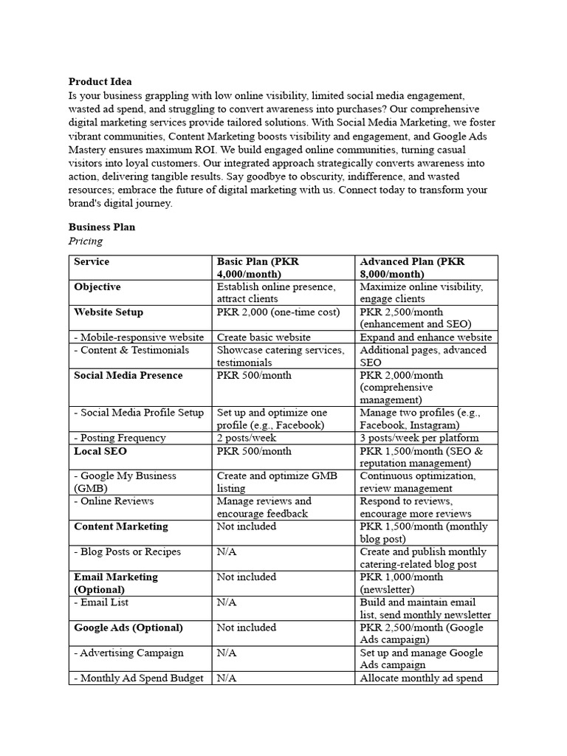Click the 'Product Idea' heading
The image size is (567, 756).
[x=100, y=82]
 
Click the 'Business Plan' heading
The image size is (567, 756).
[x=102, y=227]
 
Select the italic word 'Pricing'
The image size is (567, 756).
[x=86, y=241]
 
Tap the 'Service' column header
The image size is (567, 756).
[x=92, y=262]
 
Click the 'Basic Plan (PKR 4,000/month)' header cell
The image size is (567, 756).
[x=258, y=268]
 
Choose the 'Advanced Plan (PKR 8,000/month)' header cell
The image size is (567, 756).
[x=412, y=268]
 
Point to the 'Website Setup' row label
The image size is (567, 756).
[x=109, y=312]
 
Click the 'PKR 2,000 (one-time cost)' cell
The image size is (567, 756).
[x=278, y=312]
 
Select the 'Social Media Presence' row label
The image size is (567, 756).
[x=128, y=376]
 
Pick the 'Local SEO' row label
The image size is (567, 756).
[x=98, y=451]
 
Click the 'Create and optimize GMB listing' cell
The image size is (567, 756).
[x=277, y=482]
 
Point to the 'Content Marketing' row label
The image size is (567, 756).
[x=121, y=526]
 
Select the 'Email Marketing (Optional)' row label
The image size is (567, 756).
[x=116, y=583]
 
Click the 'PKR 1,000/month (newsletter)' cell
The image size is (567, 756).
[x=402, y=583]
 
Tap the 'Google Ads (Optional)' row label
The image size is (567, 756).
[x=128, y=628]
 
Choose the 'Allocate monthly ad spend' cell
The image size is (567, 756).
[x=421, y=678]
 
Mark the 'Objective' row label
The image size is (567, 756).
[x=97, y=287]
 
